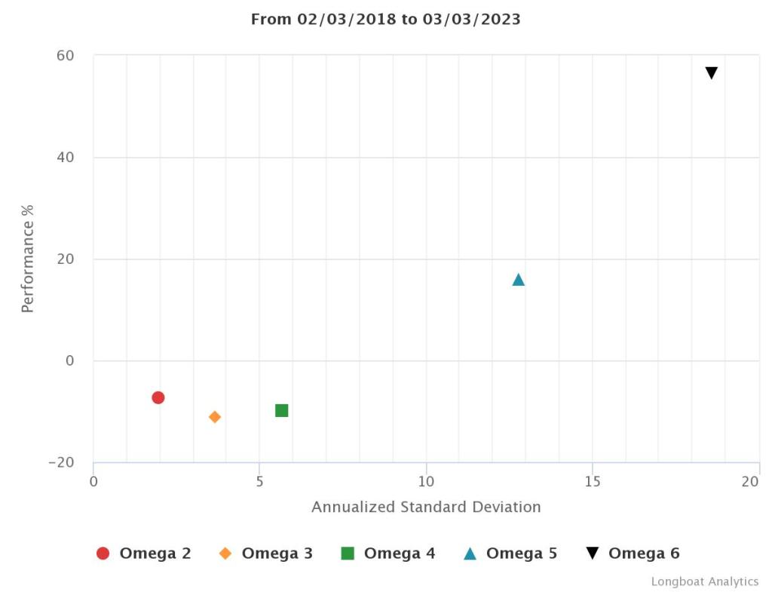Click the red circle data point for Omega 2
point(158,397)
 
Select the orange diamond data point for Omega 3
point(215,417)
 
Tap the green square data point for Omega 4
point(282,410)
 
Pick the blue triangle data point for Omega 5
point(519,280)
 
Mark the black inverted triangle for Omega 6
point(711,73)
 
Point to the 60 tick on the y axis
point(65,56)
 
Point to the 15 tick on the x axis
point(593,481)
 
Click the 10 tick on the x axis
point(426,481)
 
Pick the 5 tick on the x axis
point(259,481)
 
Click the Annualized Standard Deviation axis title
point(426,507)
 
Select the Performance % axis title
point(28,259)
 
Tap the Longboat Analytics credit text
point(705,581)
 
